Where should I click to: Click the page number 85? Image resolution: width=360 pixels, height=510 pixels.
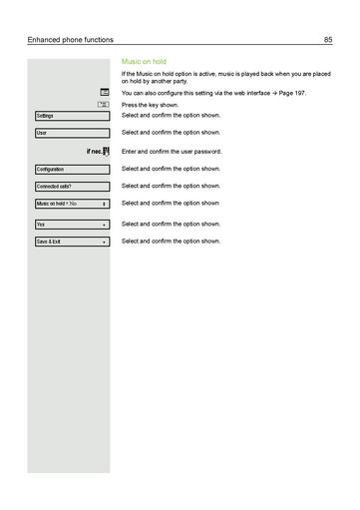point(327,40)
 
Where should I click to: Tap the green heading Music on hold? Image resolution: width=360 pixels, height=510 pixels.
point(145,62)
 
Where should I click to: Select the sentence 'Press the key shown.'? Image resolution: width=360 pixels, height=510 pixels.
point(151,105)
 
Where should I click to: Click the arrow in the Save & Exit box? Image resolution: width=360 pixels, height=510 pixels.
point(104,242)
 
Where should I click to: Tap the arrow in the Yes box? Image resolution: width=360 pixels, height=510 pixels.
point(104,225)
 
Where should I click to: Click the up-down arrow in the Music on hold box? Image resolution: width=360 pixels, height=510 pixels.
point(104,204)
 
